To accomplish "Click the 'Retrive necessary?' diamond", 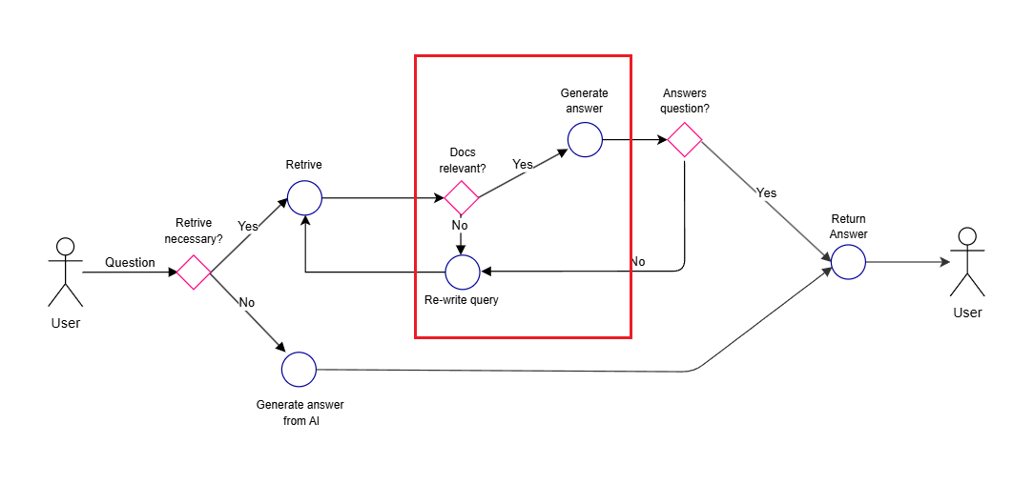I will click(x=194, y=272).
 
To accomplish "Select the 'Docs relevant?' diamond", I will click(x=462, y=198).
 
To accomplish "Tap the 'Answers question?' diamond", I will click(x=685, y=140).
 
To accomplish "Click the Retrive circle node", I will click(x=304, y=198).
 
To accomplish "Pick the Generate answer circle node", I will click(x=585, y=140).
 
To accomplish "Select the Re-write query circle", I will click(x=463, y=272).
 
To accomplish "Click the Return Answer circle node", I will click(x=848, y=262).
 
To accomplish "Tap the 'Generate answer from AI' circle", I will click(x=299, y=369).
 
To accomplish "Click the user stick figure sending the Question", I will click(x=65, y=272).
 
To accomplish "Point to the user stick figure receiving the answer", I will click(x=967, y=262).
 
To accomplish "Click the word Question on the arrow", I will click(x=130, y=262).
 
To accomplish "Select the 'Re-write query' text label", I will click(x=462, y=300).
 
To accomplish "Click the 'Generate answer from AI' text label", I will click(x=300, y=413).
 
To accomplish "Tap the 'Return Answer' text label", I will click(x=848, y=227).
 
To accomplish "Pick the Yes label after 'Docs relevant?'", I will click(x=523, y=164).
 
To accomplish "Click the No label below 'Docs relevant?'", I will click(x=460, y=226).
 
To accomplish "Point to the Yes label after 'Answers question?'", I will click(x=767, y=192).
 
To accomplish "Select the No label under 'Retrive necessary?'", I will click(x=247, y=302).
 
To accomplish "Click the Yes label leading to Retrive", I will click(x=248, y=226).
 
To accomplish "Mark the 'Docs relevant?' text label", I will click(x=463, y=160).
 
